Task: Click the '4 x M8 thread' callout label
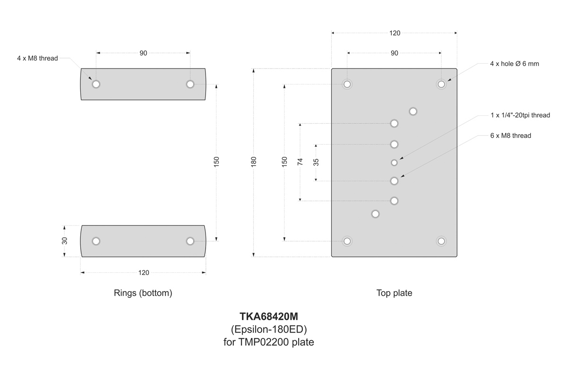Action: click(37, 59)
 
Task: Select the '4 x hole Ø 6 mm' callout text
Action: click(514, 64)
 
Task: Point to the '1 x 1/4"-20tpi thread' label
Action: click(520, 115)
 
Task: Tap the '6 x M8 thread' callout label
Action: click(511, 136)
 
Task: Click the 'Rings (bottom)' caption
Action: click(143, 293)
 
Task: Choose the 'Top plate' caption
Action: click(394, 293)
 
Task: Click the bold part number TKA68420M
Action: click(269, 317)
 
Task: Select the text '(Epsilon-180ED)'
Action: click(269, 329)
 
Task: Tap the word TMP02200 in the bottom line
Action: click(261, 342)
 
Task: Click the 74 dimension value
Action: click(300, 162)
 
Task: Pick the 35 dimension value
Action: click(316, 162)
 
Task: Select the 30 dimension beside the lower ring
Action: click(65, 241)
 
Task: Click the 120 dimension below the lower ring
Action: click(143, 273)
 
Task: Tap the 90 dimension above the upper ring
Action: click(143, 53)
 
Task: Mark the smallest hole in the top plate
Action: click(394, 163)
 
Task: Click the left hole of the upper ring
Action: click(96, 84)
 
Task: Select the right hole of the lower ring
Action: click(190, 241)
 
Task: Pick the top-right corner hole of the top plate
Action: click(441, 84)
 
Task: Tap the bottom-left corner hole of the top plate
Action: click(347, 241)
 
